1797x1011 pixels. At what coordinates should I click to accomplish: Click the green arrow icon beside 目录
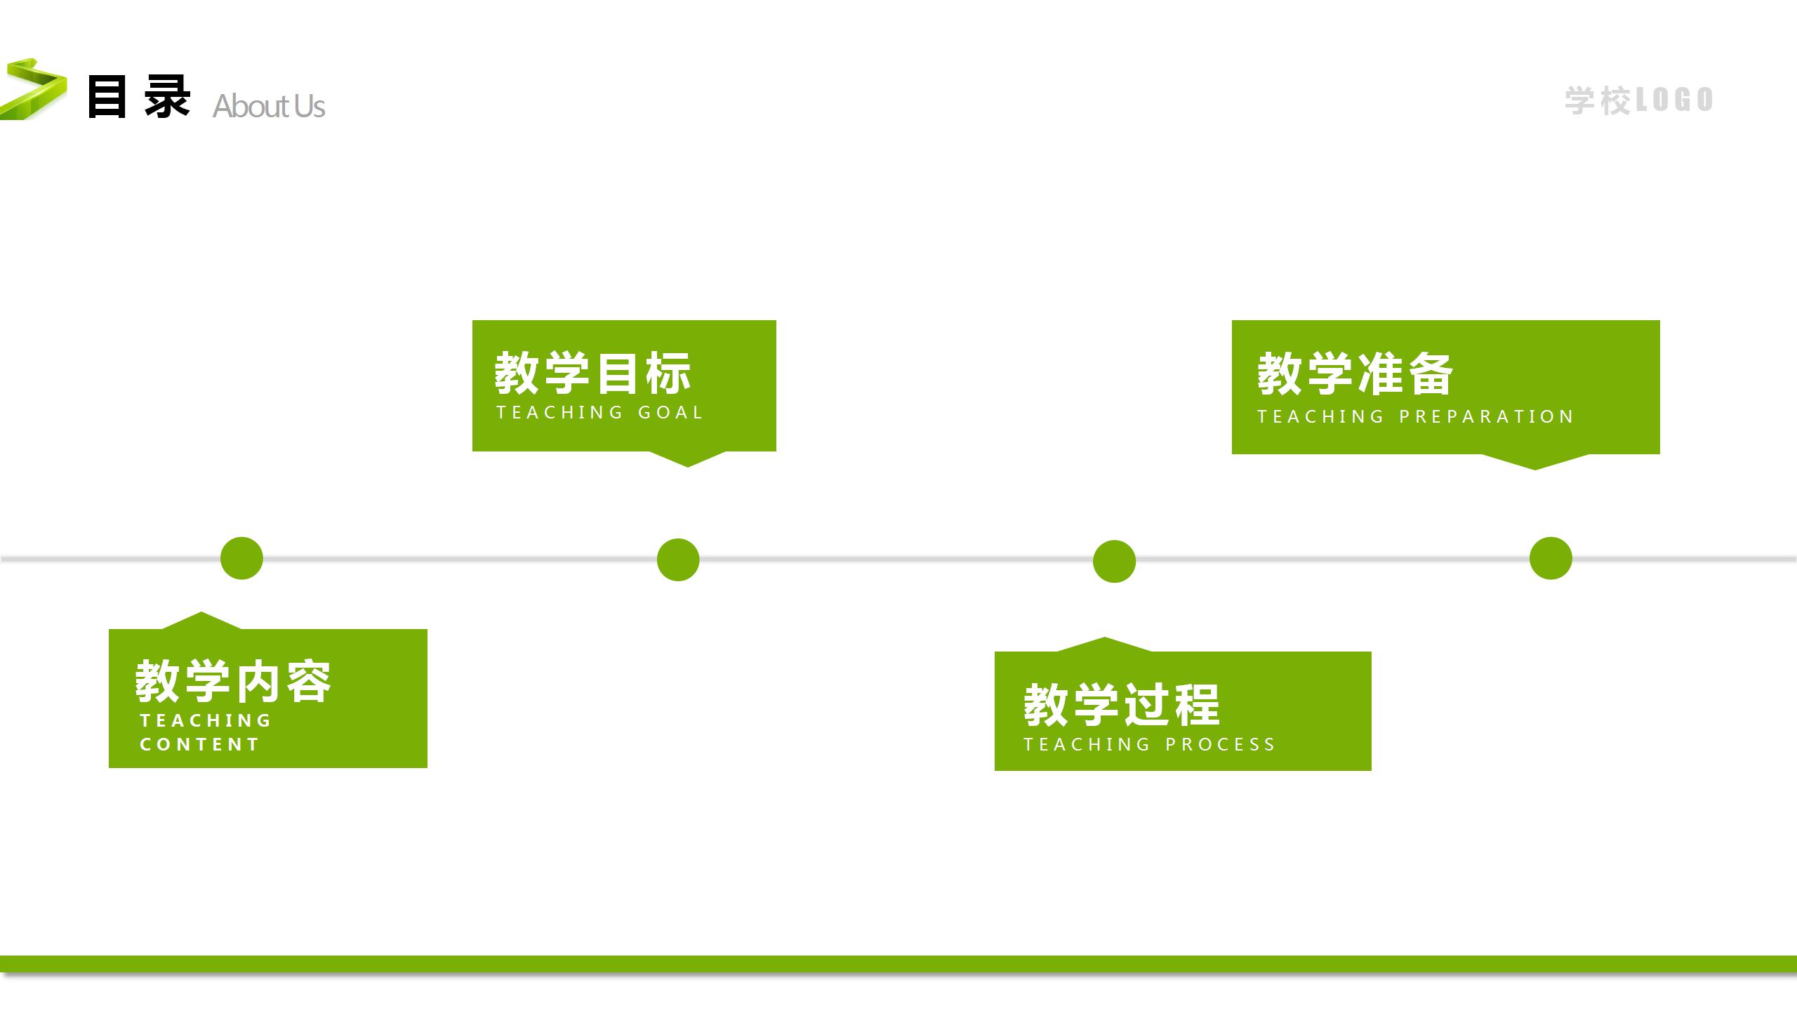click(x=34, y=90)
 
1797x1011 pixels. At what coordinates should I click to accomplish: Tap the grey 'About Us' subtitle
click(x=269, y=106)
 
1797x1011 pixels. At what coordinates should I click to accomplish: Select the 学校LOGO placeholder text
click(x=1638, y=100)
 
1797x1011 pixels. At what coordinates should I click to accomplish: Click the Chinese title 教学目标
click(x=593, y=373)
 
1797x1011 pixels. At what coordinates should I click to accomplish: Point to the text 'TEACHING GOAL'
click(x=599, y=412)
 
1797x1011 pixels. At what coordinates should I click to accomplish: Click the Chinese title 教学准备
click(x=1355, y=374)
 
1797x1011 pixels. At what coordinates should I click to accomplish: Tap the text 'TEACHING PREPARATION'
click(x=1415, y=416)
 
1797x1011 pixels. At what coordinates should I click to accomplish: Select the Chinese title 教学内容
click(x=233, y=681)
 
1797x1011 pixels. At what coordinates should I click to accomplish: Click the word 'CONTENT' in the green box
click(x=200, y=744)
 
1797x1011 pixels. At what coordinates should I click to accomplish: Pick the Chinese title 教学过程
click(x=1122, y=704)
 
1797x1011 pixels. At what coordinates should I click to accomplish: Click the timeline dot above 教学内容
click(x=241, y=558)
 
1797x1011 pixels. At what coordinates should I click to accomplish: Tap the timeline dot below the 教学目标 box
click(x=678, y=560)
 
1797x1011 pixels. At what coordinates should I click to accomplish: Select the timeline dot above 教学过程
click(x=1114, y=561)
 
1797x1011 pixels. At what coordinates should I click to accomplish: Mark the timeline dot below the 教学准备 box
click(x=1551, y=558)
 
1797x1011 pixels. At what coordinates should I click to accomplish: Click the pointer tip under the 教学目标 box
click(x=687, y=463)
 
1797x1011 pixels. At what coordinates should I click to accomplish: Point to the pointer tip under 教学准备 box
click(x=1534, y=467)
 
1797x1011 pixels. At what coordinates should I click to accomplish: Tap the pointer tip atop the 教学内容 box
click(x=201, y=615)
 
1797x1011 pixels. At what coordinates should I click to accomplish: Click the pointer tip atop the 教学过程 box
click(x=1104, y=640)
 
